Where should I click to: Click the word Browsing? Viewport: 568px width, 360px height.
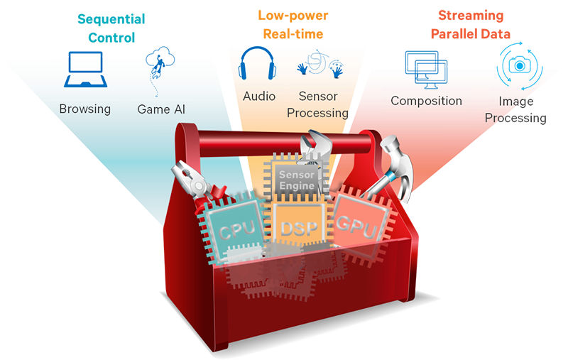(84, 109)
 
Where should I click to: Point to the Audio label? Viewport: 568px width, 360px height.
(259, 95)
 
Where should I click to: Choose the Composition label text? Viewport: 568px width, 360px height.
(426, 101)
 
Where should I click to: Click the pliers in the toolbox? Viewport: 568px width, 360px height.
(192, 180)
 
